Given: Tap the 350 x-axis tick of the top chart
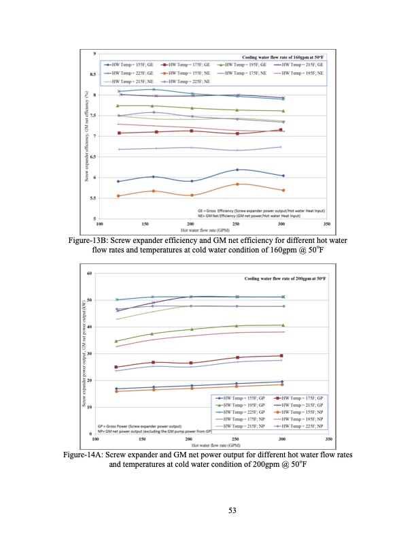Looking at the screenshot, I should click(327, 223).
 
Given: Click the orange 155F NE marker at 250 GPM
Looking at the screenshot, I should click(237, 184).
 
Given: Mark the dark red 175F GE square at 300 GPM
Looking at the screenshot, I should click(281, 130).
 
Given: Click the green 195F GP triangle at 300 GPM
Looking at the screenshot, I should click(281, 325).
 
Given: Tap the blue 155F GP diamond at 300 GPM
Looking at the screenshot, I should click(281, 382).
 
